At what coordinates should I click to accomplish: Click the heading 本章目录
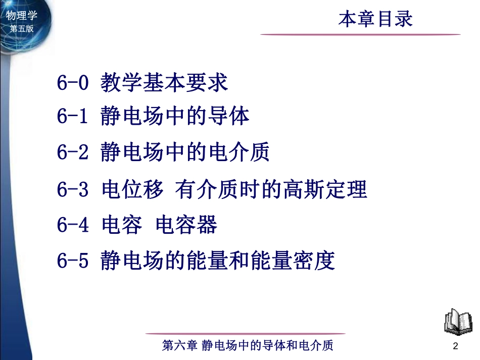tap(375, 19)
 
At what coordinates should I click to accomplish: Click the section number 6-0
tap(73, 82)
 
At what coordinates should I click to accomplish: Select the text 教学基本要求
tap(164, 82)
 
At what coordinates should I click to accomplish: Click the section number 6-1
tap(73, 117)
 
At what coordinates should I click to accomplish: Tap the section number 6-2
tap(73, 152)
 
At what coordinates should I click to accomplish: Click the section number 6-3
tap(73, 190)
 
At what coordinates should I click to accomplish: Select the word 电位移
tap(132, 190)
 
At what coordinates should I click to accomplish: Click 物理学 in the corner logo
tap(21, 16)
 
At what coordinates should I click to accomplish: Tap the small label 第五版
tap(21, 29)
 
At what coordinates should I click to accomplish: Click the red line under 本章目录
tap(360, 34)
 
